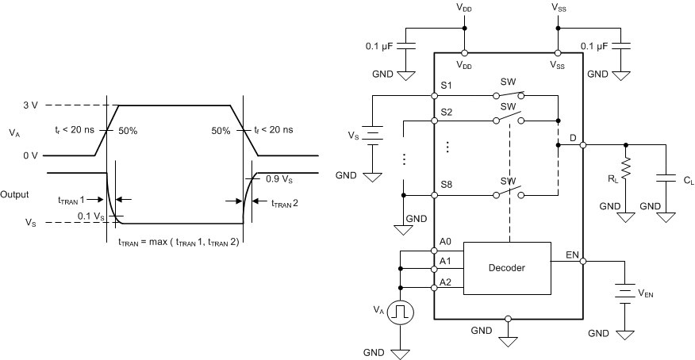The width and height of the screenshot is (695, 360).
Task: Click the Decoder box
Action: pos(507,267)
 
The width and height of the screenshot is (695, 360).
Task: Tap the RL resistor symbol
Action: pos(626,167)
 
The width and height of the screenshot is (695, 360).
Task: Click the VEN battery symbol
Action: pos(626,293)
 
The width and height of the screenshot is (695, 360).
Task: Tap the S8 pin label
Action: pos(446,185)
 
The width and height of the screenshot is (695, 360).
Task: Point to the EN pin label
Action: pos(572,255)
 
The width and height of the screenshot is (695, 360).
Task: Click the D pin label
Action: pos(573,138)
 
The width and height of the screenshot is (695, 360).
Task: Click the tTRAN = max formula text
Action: pos(179,242)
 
